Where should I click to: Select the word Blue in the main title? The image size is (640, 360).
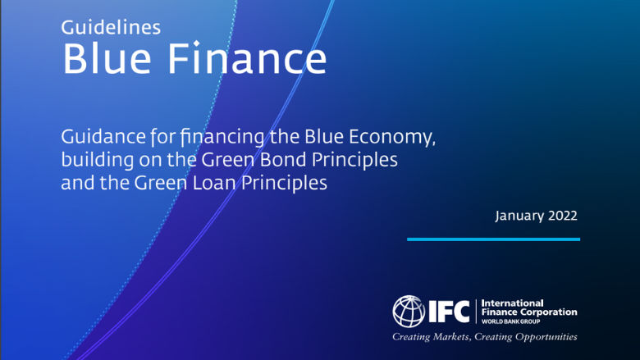pos(105,60)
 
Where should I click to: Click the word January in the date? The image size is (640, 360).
pos(519,216)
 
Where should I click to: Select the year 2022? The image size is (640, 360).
pos(562,216)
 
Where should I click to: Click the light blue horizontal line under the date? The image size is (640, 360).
pos(493,239)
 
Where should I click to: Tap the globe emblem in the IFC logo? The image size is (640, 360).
pos(409,311)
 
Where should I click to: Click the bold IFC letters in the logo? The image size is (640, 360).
pos(450,311)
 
